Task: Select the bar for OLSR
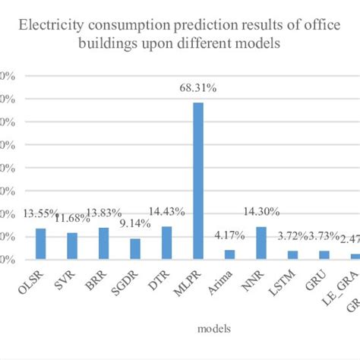[41, 244]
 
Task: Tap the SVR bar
[72, 246]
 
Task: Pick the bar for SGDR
[134, 249]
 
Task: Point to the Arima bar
[229, 254]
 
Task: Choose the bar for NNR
[261, 243]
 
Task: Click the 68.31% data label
[197, 89]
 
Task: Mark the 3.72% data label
[291, 237]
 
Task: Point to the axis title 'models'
[216, 328]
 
